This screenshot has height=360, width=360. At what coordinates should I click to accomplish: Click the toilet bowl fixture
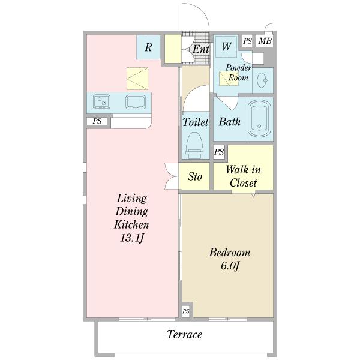click(x=194, y=145)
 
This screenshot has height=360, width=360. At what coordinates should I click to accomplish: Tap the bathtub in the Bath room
click(x=259, y=118)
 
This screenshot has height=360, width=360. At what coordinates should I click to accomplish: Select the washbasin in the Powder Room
click(x=262, y=80)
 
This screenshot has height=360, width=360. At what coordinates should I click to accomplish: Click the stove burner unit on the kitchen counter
click(x=101, y=101)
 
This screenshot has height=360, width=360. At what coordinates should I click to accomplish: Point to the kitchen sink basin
click(x=136, y=102)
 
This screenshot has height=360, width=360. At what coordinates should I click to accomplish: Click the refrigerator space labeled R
click(x=148, y=47)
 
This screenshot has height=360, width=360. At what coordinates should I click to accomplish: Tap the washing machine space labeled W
click(x=226, y=46)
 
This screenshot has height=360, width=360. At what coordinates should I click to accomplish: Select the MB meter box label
click(x=265, y=41)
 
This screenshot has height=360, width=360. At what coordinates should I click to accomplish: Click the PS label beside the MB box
click(x=247, y=41)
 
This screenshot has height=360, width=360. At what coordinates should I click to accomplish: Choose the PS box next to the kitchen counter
click(x=97, y=121)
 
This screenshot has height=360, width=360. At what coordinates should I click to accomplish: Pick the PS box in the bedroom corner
click(x=186, y=311)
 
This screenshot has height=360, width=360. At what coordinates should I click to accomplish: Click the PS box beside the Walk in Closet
click(x=219, y=152)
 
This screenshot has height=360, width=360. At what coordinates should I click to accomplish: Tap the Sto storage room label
click(x=194, y=176)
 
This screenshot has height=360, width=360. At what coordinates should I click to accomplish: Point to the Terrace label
click(x=184, y=334)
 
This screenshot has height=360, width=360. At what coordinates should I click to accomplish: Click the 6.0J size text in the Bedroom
click(x=230, y=266)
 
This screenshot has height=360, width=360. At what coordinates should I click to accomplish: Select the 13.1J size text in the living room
click(x=132, y=238)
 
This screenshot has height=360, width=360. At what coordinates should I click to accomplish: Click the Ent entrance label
click(x=201, y=49)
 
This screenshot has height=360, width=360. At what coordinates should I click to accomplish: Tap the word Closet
click(x=244, y=183)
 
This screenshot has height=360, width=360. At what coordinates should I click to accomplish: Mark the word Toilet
click(x=196, y=122)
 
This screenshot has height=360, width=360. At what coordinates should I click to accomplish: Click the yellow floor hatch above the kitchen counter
click(x=137, y=79)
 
